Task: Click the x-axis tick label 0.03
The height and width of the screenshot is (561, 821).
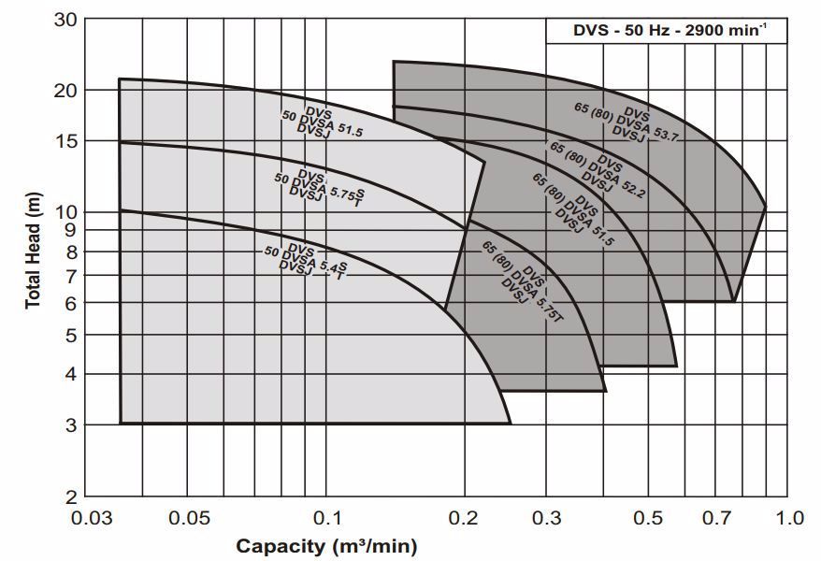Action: pos(96,518)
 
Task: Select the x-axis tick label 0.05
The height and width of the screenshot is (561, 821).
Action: pos(188,518)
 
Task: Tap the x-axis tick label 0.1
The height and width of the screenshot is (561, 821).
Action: pos(326,518)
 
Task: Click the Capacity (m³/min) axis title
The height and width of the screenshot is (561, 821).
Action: pos(326,545)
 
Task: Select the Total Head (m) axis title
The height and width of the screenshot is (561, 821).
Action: pos(34,257)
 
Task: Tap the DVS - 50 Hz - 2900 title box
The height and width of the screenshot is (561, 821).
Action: pos(667,31)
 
